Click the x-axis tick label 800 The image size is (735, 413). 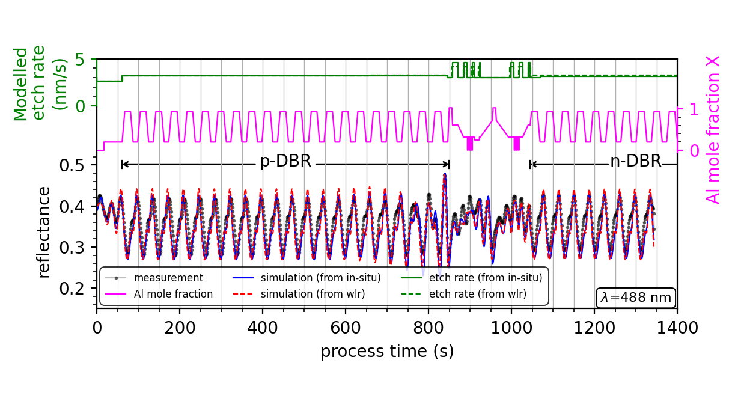click(x=428, y=328)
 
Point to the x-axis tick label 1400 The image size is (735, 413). click(x=677, y=328)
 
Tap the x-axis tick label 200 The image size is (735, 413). click(x=179, y=328)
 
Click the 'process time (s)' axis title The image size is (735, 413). click(x=386, y=352)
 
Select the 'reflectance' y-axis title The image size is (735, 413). click(x=44, y=232)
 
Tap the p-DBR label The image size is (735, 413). click(x=285, y=162)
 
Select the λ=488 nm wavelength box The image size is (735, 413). click(x=636, y=298)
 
